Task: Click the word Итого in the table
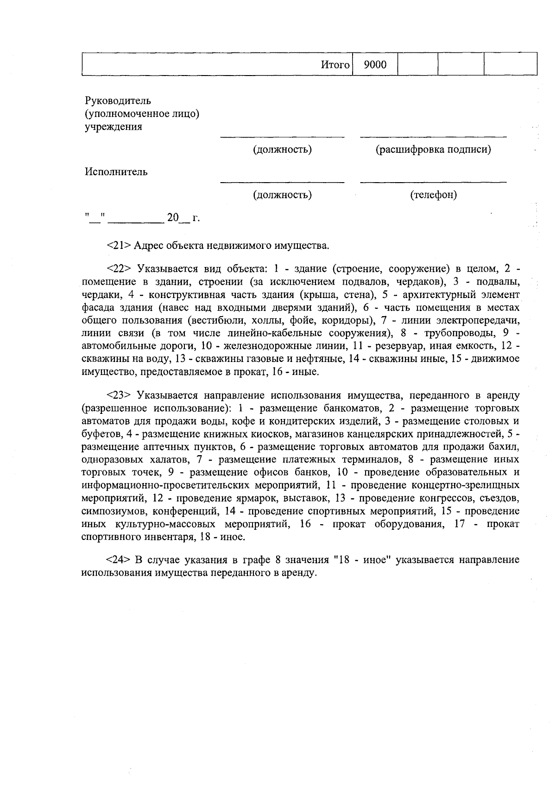pos(335,65)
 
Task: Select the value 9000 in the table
pos(375,65)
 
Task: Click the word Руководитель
pos(118,101)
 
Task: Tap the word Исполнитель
pos(116,172)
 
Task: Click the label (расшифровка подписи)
pos(433,150)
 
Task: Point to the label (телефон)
pos(433,195)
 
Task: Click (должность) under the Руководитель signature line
pos(282,150)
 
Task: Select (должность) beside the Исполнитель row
pos(282,195)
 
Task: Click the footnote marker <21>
pos(119,245)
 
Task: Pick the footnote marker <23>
pos(120,395)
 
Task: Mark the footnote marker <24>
pos(120,560)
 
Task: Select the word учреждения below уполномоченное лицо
pos(113,127)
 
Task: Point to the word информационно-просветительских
pos(167,486)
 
